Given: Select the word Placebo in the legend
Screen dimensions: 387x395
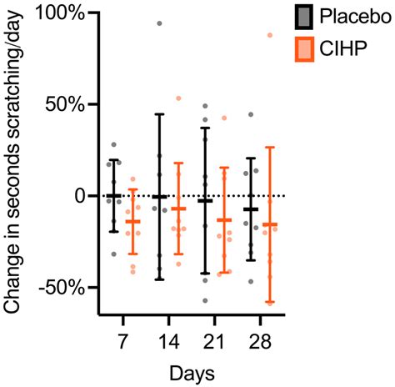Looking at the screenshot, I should [x=353, y=16].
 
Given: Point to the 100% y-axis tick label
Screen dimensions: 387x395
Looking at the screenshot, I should [x=56, y=14].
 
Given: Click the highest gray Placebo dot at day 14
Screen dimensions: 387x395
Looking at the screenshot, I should [x=160, y=23].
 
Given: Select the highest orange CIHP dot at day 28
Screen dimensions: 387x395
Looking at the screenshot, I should [x=269, y=35].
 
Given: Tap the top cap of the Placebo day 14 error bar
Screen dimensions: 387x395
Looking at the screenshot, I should [x=159, y=114].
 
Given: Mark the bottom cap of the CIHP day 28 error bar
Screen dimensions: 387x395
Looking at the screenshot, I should [x=269, y=302].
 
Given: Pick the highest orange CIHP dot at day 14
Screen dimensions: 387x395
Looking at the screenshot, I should [x=178, y=98].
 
